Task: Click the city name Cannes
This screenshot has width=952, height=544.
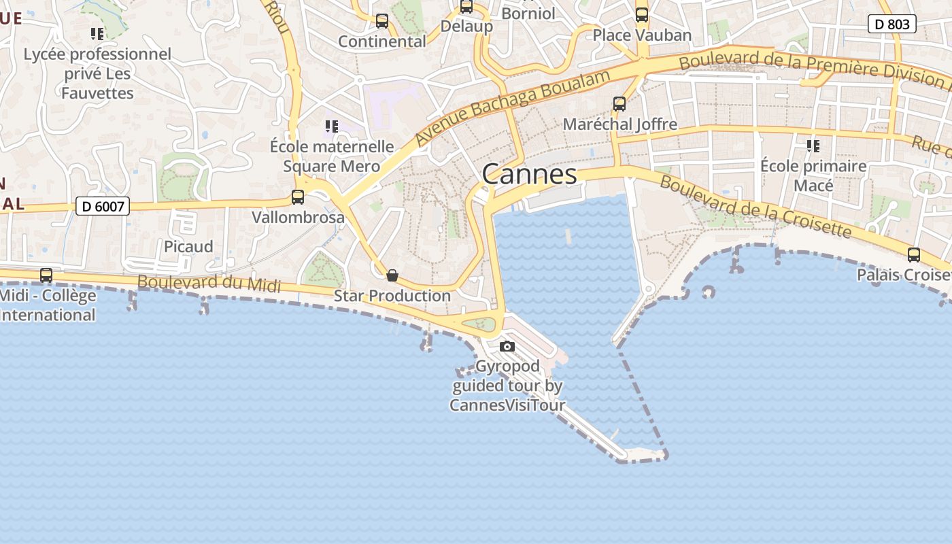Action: [x=529, y=175]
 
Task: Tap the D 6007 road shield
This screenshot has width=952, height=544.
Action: [x=102, y=206]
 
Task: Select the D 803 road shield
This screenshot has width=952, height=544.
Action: [x=891, y=24]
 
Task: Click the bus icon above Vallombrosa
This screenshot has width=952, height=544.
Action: [x=298, y=197]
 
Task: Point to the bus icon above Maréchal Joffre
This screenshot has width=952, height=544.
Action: [x=619, y=104]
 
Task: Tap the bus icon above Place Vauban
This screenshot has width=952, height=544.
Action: [x=642, y=15]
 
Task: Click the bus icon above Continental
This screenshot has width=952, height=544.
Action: [x=382, y=21]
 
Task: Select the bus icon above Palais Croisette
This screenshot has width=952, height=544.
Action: [x=914, y=255]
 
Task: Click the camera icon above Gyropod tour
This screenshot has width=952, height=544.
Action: [x=507, y=347]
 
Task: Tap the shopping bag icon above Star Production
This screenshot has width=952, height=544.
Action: [x=392, y=275]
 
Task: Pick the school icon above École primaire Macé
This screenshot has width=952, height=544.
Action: [x=813, y=146]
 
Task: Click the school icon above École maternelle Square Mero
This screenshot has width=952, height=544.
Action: [x=331, y=126]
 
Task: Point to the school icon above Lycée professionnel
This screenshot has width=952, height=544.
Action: [x=97, y=33]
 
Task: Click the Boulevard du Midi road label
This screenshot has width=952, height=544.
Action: [x=209, y=284]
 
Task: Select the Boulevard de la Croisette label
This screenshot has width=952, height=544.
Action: [x=755, y=207]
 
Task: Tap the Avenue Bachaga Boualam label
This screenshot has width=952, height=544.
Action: [x=513, y=108]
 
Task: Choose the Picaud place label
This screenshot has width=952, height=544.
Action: [x=188, y=246]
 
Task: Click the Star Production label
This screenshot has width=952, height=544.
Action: [x=392, y=296]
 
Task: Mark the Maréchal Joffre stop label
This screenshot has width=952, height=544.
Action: [x=619, y=124]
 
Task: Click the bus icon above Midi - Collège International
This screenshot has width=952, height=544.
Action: [x=46, y=275]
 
